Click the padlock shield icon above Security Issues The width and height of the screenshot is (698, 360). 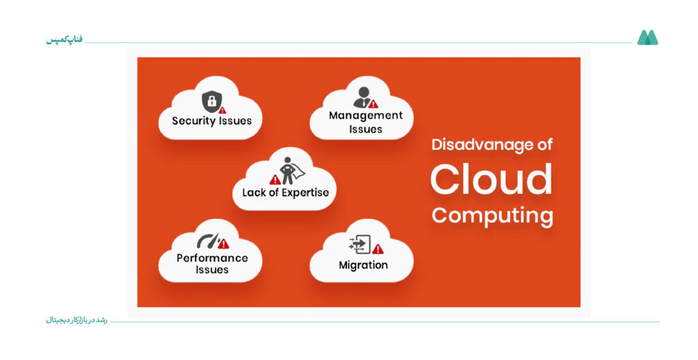211,101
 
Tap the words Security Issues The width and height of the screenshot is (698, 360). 212,121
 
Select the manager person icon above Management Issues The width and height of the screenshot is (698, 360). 363,97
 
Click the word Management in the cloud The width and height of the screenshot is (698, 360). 365,116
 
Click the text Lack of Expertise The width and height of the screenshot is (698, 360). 286,193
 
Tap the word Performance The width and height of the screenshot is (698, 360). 212,258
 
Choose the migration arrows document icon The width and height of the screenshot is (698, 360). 360,244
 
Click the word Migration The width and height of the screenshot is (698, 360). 363,265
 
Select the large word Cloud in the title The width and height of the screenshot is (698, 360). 491,179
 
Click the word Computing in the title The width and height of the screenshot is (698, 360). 492,216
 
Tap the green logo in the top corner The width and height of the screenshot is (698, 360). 648,37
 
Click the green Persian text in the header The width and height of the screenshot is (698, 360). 65,40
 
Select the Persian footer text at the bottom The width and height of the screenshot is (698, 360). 76,320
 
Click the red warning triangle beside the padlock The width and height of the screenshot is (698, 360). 222,110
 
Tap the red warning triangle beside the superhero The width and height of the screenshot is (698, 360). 275,179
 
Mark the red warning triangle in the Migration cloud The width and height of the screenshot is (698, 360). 378,249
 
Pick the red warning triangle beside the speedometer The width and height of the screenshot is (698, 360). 224,243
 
